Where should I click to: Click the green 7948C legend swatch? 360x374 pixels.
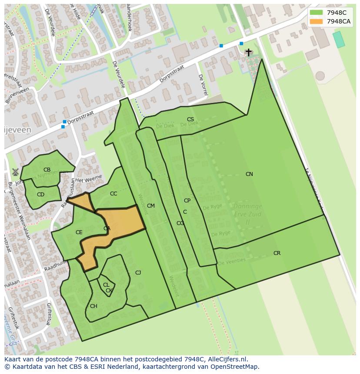[x=316, y=13]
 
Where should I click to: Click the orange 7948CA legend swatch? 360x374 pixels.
[x=316, y=21]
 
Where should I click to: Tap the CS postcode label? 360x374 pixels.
[x=190, y=119]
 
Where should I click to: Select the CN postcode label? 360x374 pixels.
[x=249, y=174]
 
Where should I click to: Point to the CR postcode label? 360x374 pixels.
[x=277, y=253]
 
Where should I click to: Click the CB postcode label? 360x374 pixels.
[x=47, y=170]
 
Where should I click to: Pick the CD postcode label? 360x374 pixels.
[x=40, y=195]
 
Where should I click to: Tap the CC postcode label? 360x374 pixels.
[x=113, y=194]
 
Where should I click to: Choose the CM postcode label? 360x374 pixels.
[x=151, y=206]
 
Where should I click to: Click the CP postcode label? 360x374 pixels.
[x=187, y=201]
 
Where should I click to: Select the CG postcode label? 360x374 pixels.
[x=180, y=223]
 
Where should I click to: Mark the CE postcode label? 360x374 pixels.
[x=79, y=232]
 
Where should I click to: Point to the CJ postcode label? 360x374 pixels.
[x=138, y=273]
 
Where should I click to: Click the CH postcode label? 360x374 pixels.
[x=93, y=306]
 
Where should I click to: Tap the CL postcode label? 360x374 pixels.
[x=106, y=285]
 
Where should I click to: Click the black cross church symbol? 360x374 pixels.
[x=248, y=52]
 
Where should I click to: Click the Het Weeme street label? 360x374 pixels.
[x=89, y=179]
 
